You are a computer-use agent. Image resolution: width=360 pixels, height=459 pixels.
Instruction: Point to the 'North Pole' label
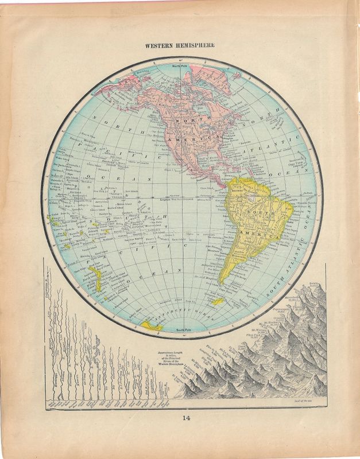tap(180, 67)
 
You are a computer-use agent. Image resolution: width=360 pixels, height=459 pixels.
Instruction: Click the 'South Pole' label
tap(183, 330)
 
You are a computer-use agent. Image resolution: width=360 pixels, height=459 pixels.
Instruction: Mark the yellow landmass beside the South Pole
tap(152, 325)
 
